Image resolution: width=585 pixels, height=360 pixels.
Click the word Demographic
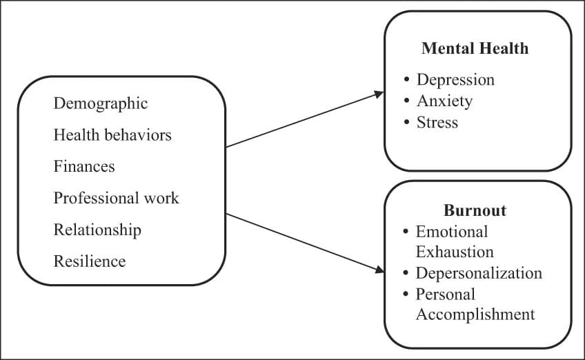click(101, 103)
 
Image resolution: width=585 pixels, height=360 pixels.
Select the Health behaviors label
click(112, 134)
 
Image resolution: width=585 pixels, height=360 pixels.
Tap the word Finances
click(84, 166)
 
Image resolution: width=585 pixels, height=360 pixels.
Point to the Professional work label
click(116, 198)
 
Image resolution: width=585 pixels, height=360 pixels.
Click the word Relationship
click(97, 230)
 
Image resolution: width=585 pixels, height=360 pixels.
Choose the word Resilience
click(90, 261)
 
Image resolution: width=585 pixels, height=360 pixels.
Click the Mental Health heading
click(475, 48)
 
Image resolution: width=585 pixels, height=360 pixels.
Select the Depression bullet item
click(455, 79)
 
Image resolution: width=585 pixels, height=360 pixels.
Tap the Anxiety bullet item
click(444, 101)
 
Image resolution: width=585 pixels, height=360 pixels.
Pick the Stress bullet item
click(437, 122)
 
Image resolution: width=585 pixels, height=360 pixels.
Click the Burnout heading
click(475, 210)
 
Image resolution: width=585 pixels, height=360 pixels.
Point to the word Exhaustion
click(455, 252)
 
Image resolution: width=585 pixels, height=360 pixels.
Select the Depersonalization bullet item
click(479, 273)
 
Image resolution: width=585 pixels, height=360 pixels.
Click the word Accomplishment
click(475, 314)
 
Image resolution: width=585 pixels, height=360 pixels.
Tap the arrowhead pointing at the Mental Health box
click(379, 93)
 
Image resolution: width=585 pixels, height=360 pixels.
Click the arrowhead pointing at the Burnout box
click(379, 269)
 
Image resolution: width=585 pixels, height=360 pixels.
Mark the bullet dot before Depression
click(407, 81)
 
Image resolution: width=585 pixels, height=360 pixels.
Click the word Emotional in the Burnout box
click(451, 231)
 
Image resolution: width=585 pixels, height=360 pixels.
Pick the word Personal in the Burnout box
click(445, 294)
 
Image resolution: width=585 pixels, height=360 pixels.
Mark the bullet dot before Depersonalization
click(407, 274)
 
